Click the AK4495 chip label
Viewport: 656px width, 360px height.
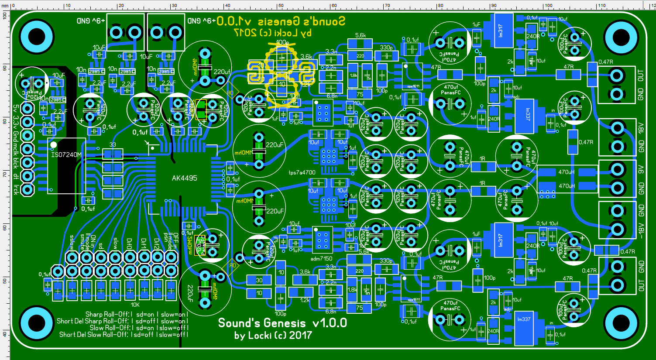(x=184, y=178)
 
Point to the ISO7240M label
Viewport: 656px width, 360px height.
(x=66, y=155)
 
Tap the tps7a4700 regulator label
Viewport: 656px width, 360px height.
(x=302, y=172)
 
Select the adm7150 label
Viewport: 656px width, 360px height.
(x=321, y=259)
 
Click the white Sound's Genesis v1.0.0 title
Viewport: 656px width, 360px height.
(x=282, y=323)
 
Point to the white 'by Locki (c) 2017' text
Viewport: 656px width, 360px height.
(x=273, y=336)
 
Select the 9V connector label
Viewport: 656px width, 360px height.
(x=641, y=168)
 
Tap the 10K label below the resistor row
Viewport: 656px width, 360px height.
(x=135, y=305)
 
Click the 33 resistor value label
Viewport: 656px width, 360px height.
(x=113, y=145)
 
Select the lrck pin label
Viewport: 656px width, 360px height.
(x=16, y=189)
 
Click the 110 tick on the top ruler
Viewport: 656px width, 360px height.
(x=601, y=5)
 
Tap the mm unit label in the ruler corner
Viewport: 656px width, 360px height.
(x=5, y=6)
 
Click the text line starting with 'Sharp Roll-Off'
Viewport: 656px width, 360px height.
(x=137, y=314)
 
